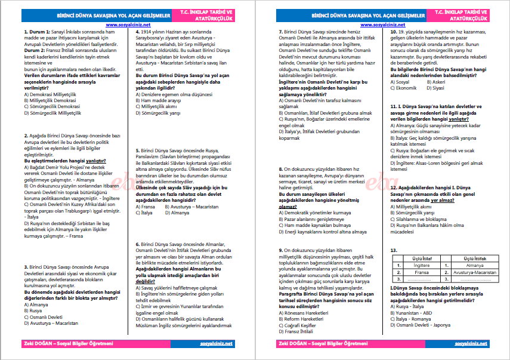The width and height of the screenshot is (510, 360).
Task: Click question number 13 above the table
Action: point(393,250)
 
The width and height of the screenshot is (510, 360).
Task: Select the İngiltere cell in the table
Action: point(422,264)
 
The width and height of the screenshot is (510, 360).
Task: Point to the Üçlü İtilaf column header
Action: point(422,258)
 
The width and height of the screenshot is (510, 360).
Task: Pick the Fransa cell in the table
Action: point(422,272)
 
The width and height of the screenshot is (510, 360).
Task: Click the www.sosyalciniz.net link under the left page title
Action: point(126,26)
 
